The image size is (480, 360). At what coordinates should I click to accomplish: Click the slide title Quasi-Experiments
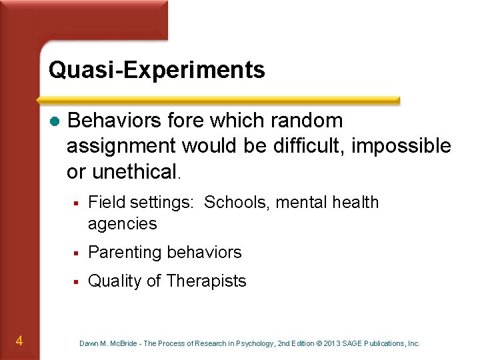(x=157, y=70)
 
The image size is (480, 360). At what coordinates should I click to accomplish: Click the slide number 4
(x=19, y=341)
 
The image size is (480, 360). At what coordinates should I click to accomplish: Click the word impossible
(x=401, y=146)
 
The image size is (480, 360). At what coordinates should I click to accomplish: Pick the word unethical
(x=135, y=171)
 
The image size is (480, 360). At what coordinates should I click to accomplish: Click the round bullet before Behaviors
(x=55, y=121)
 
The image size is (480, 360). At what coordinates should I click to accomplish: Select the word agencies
(x=122, y=224)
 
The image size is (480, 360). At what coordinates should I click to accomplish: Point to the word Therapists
(x=206, y=281)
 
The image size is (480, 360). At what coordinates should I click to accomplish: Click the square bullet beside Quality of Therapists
(x=77, y=281)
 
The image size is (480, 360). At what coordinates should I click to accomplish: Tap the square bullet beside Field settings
(x=77, y=202)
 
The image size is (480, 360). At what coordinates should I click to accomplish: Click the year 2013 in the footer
(x=334, y=344)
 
